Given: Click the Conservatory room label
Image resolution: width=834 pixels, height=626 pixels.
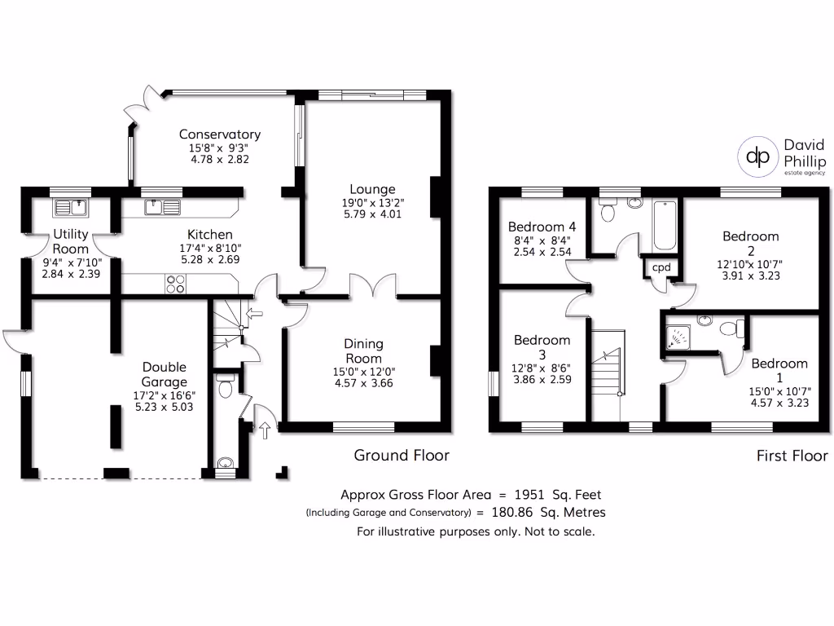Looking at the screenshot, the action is [220, 134].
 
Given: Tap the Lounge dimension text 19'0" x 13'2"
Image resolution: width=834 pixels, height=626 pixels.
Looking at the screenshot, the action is [373, 203].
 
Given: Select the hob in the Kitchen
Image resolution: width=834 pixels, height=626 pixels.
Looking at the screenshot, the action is [176, 284].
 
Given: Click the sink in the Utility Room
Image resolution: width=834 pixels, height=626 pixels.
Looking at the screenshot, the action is [70, 208].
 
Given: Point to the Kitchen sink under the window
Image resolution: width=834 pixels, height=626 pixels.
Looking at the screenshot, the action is [162, 207].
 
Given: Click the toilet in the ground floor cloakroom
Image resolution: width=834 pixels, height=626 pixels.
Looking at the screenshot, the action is [226, 386].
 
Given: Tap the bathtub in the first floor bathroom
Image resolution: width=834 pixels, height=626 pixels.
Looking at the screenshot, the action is [665, 225].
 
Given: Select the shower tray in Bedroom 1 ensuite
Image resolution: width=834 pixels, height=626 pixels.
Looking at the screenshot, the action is [678, 337].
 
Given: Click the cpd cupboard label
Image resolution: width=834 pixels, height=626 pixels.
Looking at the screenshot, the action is [661, 267].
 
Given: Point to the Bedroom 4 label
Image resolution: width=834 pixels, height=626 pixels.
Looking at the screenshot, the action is [542, 227].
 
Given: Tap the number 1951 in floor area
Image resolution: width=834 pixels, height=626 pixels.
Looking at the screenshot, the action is [529, 495].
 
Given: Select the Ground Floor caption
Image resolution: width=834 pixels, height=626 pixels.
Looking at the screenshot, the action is [402, 455].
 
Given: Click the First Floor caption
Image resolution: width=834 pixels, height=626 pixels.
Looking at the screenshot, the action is [792, 456].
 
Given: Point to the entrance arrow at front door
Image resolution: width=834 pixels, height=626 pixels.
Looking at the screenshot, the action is [265, 430].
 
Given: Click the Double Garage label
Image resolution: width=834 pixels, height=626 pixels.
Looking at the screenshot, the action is [165, 374].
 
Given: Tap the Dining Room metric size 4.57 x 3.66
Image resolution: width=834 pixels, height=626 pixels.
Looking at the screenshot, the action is [364, 383].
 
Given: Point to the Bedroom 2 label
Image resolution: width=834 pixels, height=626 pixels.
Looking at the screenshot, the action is [751, 244].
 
